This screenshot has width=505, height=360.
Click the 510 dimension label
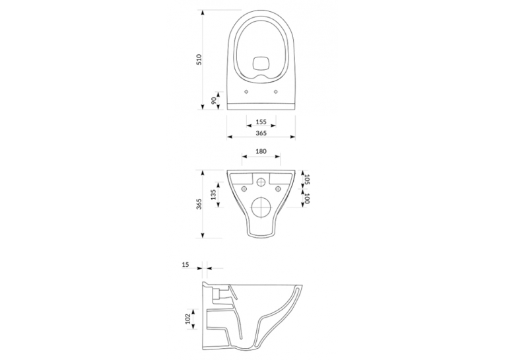click(199, 60)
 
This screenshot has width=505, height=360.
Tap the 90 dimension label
click(213, 100)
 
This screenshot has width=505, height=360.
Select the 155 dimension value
click(261, 122)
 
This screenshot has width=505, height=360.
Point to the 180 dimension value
click(261, 151)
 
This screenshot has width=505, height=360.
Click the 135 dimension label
click(213, 195)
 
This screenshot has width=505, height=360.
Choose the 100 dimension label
click(306, 199)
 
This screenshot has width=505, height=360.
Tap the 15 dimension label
click(185, 265)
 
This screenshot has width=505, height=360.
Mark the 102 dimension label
click(187, 319)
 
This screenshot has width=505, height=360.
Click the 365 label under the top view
click(261, 133)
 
